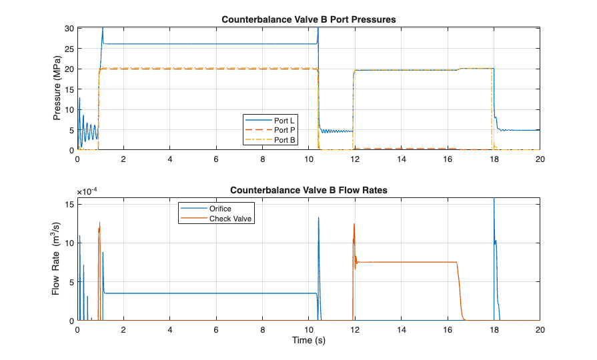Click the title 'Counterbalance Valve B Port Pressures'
pyautogui.click(x=309, y=19)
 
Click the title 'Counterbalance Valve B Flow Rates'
pyautogui.click(x=309, y=190)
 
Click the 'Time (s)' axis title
pyautogui.click(x=309, y=341)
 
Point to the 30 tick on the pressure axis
pyautogui.click(x=70, y=28)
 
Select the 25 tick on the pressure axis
pyautogui.click(x=70, y=49)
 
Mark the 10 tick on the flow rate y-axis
pyautogui.click(x=70, y=243)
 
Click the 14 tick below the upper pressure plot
pyautogui.click(x=402, y=160)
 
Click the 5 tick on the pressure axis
pyautogui.click(x=72, y=130)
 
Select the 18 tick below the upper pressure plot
pyautogui.click(x=494, y=160)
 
